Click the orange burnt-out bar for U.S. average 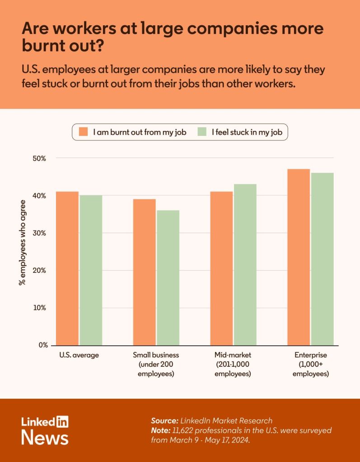pyautogui.click(x=67, y=268)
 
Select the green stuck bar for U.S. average pyautogui.click(x=91, y=270)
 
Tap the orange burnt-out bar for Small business pyautogui.click(x=145, y=272)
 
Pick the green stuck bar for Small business pyautogui.click(x=168, y=278)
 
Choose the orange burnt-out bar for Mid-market pyautogui.click(x=221, y=268)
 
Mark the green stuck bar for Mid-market pyautogui.click(x=245, y=265)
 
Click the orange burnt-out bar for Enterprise pyautogui.click(x=299, y=257)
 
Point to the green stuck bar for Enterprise pyautogui.click(x=322, y=259)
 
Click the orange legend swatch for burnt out pyautogui.click(x=83, y=132)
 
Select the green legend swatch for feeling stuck pyautogui.click(x=202, y=132)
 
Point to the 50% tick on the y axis pyautogui.click(x=39, y=159)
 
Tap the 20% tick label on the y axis pyautogui.click(x=39, y=271)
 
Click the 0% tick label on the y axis pyautogui.click(x=43, y=345)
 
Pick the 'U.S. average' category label pyautogui.click(x=79, y=355)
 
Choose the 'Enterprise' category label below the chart pyautogui.click(x=310, y=355)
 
